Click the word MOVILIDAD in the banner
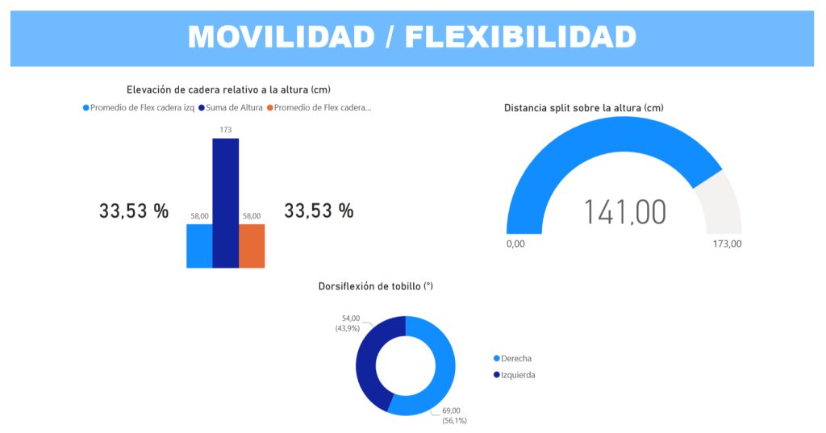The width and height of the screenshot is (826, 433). tap(282, 37)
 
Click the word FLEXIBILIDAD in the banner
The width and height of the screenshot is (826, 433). tap(520, 37)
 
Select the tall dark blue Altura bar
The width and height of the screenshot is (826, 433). tap(225, 202)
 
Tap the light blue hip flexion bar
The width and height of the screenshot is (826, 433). tap(199, 245)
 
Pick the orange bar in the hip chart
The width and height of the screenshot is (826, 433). tap(252, 245)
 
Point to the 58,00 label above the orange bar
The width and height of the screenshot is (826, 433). tap(252, 215)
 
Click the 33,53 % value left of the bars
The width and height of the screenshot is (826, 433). tap(134, 211)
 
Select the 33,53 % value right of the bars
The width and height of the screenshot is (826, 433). tap(319, 211)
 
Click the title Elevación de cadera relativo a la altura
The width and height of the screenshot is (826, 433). tap(228, 90)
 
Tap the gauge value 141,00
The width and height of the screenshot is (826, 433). tap(624, 212)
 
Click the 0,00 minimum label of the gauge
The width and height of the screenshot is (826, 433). tap(515, 244)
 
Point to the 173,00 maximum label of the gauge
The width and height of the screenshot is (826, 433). tap(726, 244)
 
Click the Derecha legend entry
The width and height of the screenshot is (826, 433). tap(516, 358)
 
